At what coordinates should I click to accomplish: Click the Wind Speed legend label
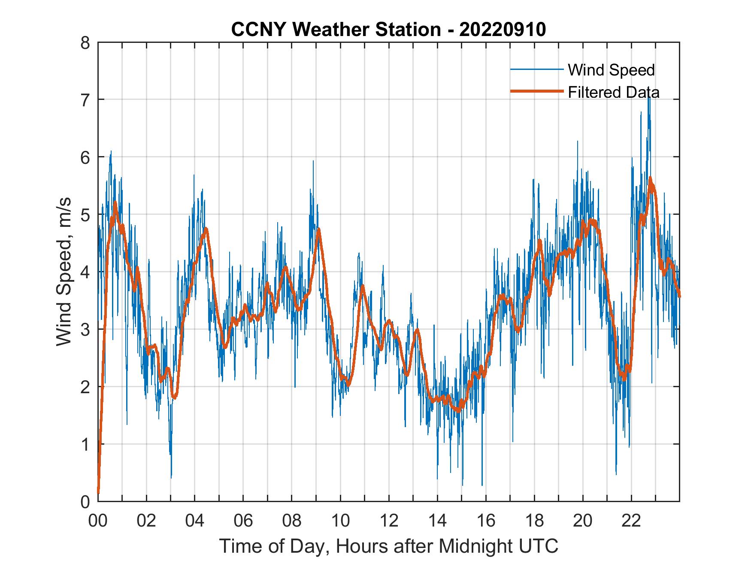(611, 70)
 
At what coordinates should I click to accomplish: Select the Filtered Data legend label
(613, 92)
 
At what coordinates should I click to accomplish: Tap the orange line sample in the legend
(536, 91)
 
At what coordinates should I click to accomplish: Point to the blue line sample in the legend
(536, 69)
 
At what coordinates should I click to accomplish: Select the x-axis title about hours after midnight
(389, 546)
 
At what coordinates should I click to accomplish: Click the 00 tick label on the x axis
(98, 521)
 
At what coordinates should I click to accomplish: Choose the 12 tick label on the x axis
(389, 521)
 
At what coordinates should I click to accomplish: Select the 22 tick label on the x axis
(631, 521)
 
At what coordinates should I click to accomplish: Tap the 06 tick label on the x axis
(243, 521)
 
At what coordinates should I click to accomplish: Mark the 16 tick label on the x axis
(486, 521)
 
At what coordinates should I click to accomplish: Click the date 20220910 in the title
(503, 30)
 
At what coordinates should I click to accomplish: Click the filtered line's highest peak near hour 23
(650, 178)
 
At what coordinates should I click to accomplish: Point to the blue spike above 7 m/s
(648, 99)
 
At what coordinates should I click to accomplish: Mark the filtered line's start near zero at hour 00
(98, 492)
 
